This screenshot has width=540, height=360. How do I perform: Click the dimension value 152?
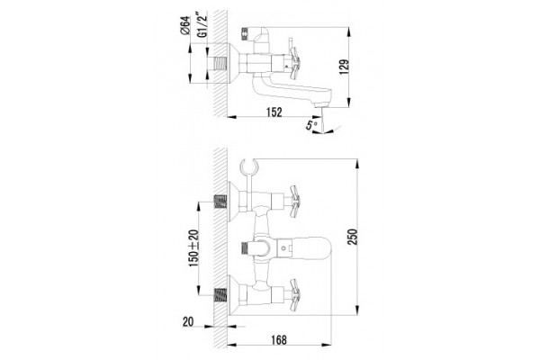[x=274, y=112]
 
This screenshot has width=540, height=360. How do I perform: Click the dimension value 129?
[x=344, y=67]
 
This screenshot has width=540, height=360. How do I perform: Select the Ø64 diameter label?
[x=184, y=25]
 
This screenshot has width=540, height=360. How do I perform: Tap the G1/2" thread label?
[x=202, y=24]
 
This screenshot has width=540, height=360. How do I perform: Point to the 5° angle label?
[x=312, y=125]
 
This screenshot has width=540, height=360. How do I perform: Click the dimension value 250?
[x=353, y=237]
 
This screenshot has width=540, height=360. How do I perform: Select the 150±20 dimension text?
[x=193, y=248]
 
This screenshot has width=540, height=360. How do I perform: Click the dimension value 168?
[x=279, y=340]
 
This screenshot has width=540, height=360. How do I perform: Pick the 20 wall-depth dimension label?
[x=188, y=322]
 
